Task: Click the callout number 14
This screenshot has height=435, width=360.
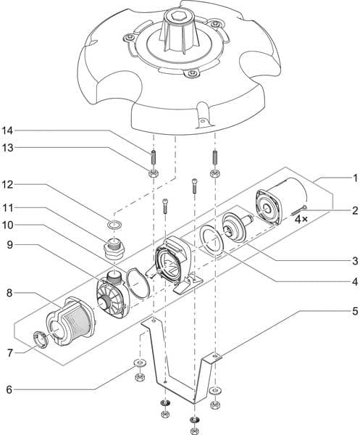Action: click(x=7, y=130)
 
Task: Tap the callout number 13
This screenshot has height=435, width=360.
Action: click(x=7, y=148)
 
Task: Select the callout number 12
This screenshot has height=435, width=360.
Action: click(x=7, y=184)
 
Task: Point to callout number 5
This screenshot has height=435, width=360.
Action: click(x=355, y=311)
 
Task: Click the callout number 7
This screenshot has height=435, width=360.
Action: click(x=10, y=353)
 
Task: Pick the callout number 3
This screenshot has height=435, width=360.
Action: click(x=355, y=261)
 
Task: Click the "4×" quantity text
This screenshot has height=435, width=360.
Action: click(x=301, y=220)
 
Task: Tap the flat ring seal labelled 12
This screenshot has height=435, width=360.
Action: click(x=114, y=225)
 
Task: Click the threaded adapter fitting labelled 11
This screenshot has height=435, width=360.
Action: click(x=114, y=249)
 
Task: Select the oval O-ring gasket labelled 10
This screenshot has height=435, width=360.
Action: click(x=138, y=283)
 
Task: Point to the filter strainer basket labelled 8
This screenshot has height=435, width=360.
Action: click(x=71, y=320)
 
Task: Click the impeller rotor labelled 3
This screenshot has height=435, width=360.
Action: click(x=235, y=227)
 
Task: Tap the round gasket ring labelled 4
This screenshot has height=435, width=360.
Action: click(x=212, y=240)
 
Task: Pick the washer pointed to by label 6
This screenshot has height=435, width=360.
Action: click(x=140, y=362)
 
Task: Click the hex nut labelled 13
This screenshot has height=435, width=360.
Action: click(x=154, y=174)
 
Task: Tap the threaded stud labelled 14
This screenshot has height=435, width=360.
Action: click(x=153, y=157)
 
